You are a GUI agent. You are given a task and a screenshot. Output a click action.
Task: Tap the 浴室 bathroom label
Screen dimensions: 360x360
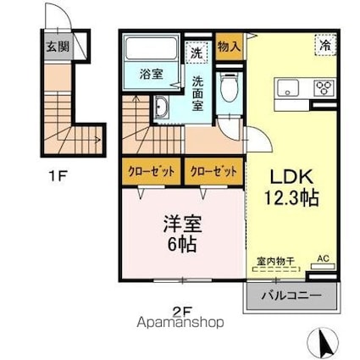pos(152,73)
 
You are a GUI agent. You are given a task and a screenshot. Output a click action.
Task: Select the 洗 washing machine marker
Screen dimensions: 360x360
pos(197,53)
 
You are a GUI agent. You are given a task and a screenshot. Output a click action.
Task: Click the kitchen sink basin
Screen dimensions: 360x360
pos(287,88)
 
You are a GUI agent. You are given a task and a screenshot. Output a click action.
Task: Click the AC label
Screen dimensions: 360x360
pos(322,258)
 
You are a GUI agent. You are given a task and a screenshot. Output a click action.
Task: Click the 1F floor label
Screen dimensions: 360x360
pos(57,179)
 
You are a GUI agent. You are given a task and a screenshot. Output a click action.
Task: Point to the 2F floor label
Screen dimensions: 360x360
pos(181,311)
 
